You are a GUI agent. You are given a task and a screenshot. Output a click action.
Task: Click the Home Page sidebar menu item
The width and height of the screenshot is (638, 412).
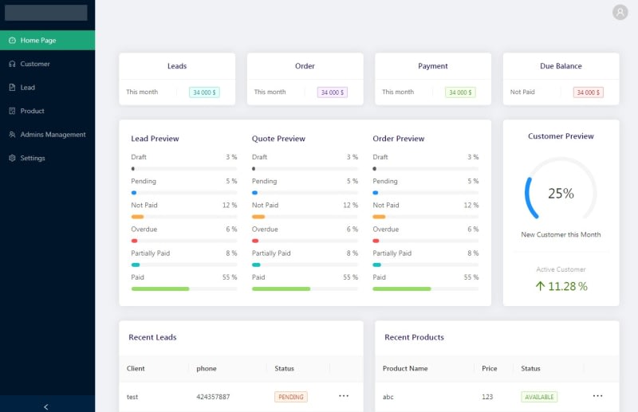(47, 41)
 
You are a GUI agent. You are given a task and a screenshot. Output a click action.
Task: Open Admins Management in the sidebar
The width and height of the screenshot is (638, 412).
(47, 135)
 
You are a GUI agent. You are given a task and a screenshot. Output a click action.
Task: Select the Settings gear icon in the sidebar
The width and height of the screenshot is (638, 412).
(12, 158)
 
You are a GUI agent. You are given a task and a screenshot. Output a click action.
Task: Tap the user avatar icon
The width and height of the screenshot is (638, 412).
(620, 12)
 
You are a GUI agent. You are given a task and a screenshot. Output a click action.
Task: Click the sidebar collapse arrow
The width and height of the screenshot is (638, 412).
(46, 406)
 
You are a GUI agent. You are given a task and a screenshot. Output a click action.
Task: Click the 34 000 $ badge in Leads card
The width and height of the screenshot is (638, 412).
(204, 92)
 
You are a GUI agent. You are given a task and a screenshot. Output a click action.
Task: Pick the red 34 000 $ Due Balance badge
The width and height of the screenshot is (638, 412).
(588, 92)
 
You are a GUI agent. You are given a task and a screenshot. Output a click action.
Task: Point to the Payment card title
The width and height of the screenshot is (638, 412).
(432, 66)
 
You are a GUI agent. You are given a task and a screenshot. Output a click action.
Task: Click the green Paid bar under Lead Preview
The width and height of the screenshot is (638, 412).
(160, 288)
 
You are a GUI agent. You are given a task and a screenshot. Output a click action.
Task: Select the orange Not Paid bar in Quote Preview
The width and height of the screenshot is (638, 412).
(258, 217)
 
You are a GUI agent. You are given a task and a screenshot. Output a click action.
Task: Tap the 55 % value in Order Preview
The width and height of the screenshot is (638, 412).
(471, 277)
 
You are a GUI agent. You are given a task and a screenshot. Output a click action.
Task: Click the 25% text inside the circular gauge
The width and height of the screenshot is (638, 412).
(561, 193)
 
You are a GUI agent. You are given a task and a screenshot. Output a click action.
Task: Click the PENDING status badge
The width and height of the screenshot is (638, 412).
(291, 397)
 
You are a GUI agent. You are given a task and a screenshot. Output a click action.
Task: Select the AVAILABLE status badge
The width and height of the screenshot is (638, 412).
(539, 397)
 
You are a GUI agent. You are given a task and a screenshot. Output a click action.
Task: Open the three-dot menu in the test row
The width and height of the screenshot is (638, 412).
(344, 396)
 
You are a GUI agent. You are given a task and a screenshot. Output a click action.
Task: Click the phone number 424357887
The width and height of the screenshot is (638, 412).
(213, 397)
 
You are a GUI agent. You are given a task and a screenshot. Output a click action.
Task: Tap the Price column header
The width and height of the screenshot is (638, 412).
(489, 368)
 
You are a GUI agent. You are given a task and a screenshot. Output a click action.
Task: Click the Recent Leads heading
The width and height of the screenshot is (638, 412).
(152, 337)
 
